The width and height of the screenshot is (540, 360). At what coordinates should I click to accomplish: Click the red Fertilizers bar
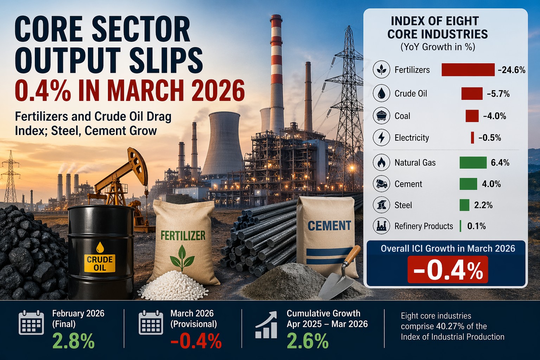pyautogui.click(x=468, y=70)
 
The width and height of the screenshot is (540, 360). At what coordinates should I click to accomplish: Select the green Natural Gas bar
pyautogui.click(x=473, y=162)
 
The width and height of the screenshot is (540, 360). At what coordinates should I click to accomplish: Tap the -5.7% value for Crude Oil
pyautogui.click(x=498, y=94)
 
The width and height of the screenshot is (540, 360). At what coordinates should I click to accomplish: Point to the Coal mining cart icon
pyautogui.click(x=381, y=116)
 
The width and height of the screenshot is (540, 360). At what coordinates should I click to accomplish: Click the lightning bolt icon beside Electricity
pyautogui.click(x=381, y=137)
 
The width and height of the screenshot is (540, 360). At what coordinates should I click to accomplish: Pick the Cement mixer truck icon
pyautogui.click(x=381, y=184)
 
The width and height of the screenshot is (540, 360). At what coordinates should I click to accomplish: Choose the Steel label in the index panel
pyautogui.click(x=403, y=205)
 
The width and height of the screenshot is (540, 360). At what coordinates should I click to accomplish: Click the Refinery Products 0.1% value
pyautogui.click(x=476, y=226)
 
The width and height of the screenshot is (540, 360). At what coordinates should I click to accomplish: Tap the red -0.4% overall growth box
pyautogui.click(x=448, y=270)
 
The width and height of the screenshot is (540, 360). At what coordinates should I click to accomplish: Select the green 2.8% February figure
pyautogui.click(x=73, y=341)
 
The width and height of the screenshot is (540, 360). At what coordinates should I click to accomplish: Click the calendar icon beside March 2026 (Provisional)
pyautogui.click(x=151, y=322)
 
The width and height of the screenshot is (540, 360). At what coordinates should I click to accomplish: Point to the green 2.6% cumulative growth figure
pyautogui.click(x=308, y=341)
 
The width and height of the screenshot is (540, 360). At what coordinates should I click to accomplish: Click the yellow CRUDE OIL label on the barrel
pyautogui.click(x=100, y=264)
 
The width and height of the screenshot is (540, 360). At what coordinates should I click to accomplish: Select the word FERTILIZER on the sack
pyautogui.click(x=183, y=235)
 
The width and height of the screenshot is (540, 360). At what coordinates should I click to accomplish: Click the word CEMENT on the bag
pyautogui.click(x=329, y=225)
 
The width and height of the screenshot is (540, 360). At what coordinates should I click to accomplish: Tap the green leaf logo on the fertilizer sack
pyautogui.click(x=182, y=257)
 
